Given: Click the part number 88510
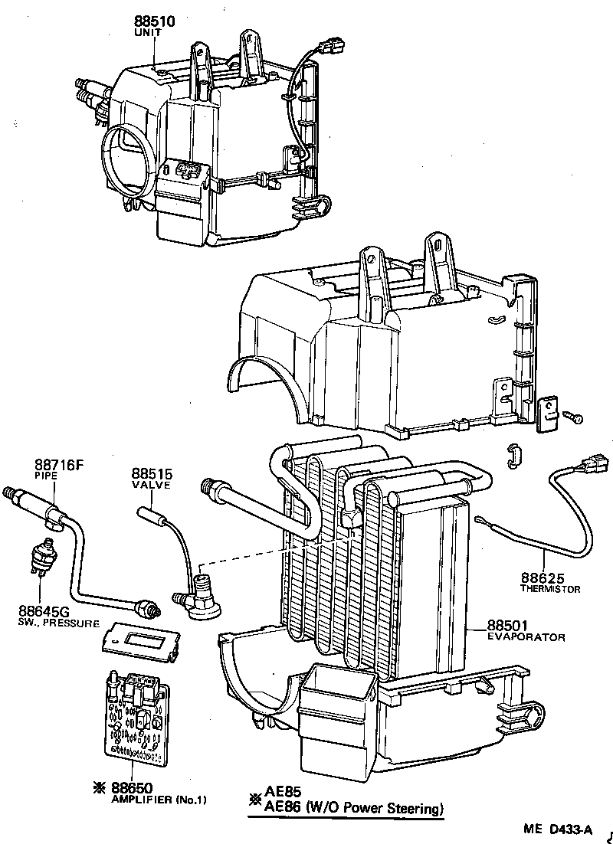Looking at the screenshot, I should coord(154,21).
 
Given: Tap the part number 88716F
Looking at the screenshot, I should coord(57,464).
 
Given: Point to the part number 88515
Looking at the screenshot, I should coord(149,474).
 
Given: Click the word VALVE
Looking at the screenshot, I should coord(150,486).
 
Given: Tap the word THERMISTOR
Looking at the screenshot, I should coord(550,589).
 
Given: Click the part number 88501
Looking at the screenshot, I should coord(510,625).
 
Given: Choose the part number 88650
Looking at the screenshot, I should coord(131,787).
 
